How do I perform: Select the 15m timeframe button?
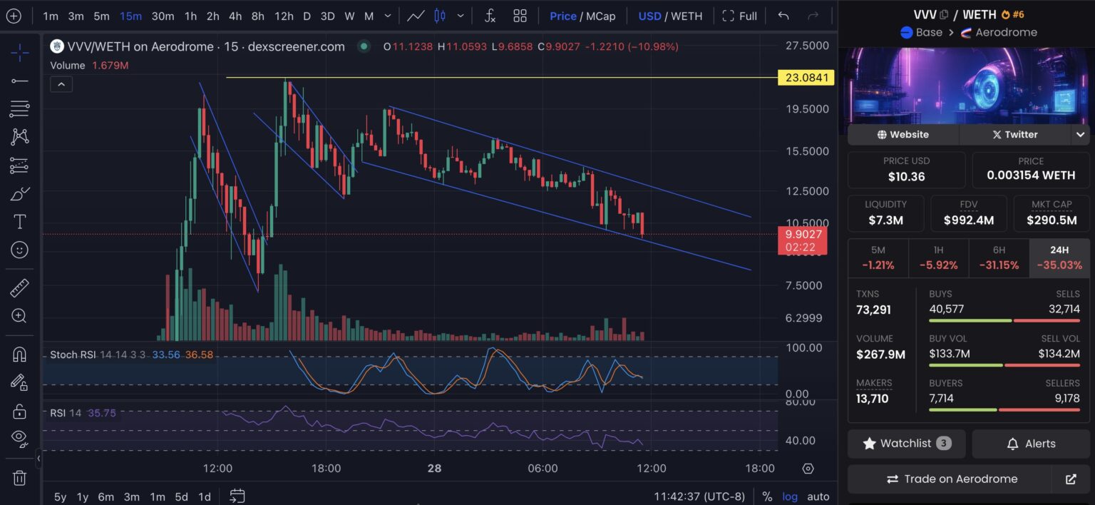(x=130, y=16)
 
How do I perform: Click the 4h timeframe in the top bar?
(x=235, y=16)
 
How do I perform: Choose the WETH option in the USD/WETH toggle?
(x=687, y=16)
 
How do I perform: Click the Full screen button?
(x=739, y=16)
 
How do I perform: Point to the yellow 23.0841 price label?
(x=806, y=78)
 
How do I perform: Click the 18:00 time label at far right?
(x=759, y=469)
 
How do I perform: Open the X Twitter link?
(x=1015, y=134)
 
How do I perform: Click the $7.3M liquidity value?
(x=885, y=220)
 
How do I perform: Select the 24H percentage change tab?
(x=1059, y=257)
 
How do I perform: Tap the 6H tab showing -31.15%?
(x=999, y=257)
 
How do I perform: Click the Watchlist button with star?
(x=906, y=444)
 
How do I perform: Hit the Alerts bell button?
(x=1031, y=444)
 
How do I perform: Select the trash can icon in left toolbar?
(x=19, y=478)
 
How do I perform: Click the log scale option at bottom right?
(x=790, y=496)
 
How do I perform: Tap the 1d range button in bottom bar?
(x=205, y=496)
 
